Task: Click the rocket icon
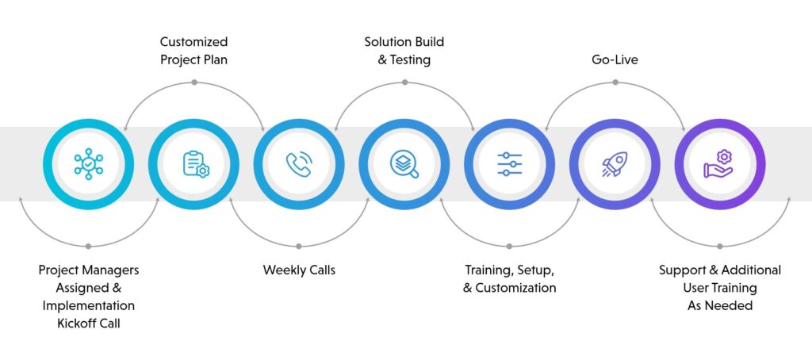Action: click(614, 164)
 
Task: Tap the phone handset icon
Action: click(299, 164)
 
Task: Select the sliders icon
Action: click(509, 164)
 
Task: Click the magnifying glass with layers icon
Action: click(404, 164)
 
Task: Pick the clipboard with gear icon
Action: click(194, 164)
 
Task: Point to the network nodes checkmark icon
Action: click(89, 164)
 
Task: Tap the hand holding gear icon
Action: click(719, 164)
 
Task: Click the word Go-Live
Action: click(614, 59)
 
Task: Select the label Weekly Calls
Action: click(299, 270)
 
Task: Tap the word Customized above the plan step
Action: click(193, 42)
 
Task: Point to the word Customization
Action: click(515, 288)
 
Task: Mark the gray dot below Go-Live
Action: click(615, 82)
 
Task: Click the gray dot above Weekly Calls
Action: click(299, 245)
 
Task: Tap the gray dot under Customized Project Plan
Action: click(193, 82)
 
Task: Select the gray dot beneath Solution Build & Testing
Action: click(404, 82)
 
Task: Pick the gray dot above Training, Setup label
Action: click(509, 245)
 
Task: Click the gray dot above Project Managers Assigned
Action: click(88, 245)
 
